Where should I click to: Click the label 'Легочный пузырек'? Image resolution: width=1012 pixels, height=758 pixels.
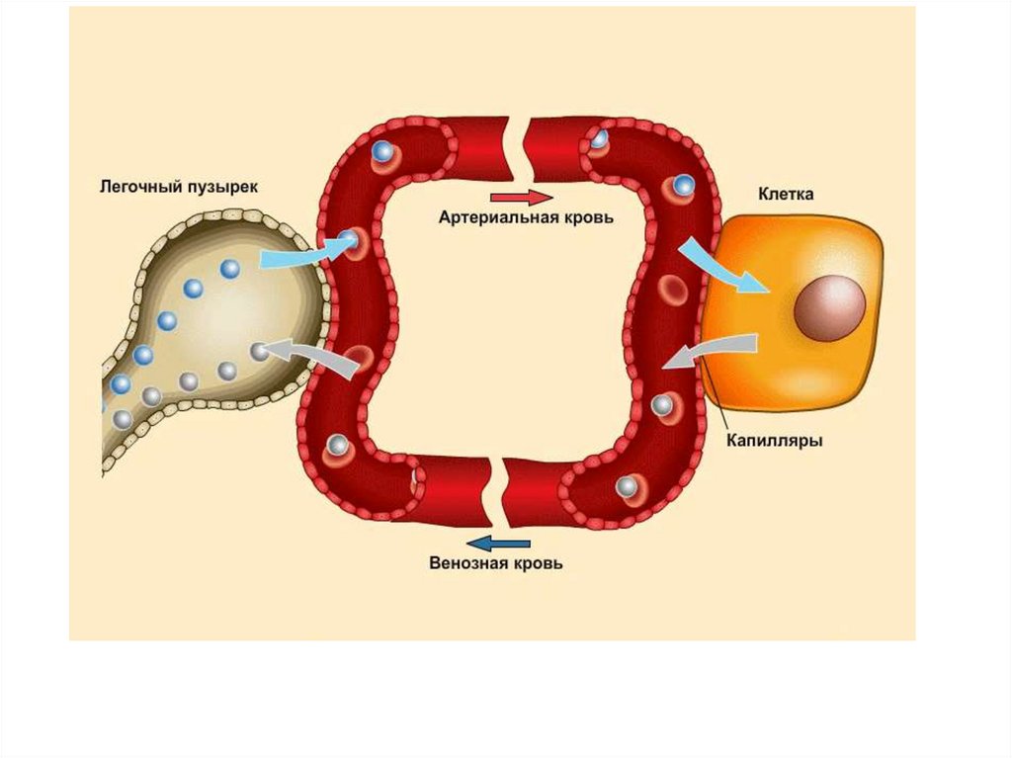179,186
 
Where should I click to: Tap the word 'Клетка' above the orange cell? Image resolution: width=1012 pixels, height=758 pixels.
786,195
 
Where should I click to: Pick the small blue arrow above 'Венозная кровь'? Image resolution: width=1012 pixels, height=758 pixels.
498,543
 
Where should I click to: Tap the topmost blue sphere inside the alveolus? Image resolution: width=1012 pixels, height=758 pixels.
230,268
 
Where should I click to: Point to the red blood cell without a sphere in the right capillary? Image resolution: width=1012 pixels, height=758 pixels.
674,288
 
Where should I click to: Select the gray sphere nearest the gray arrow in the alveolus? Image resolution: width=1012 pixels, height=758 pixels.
259,350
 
